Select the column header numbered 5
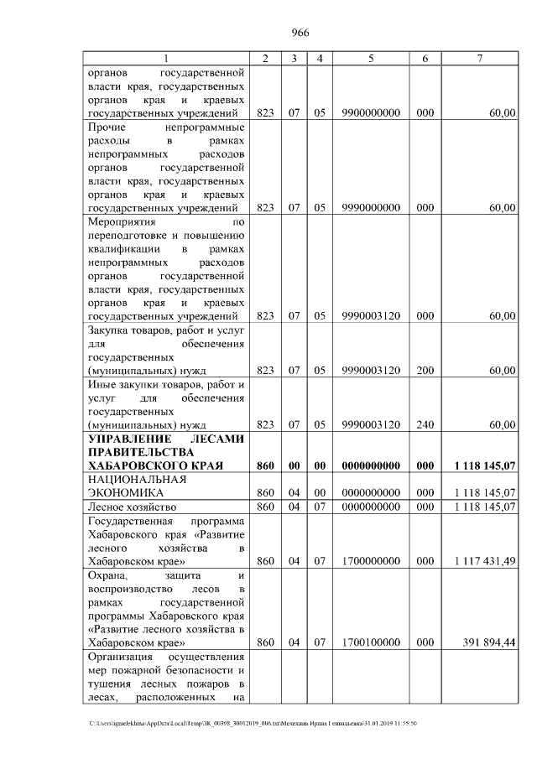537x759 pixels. [x=370, y=59]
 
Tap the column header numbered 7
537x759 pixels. [x=479, y=59]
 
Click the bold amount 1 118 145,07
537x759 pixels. [x=484, y=465]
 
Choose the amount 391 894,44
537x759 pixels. [x=487, y=642]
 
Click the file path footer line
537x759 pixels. [x=252, y=723]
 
